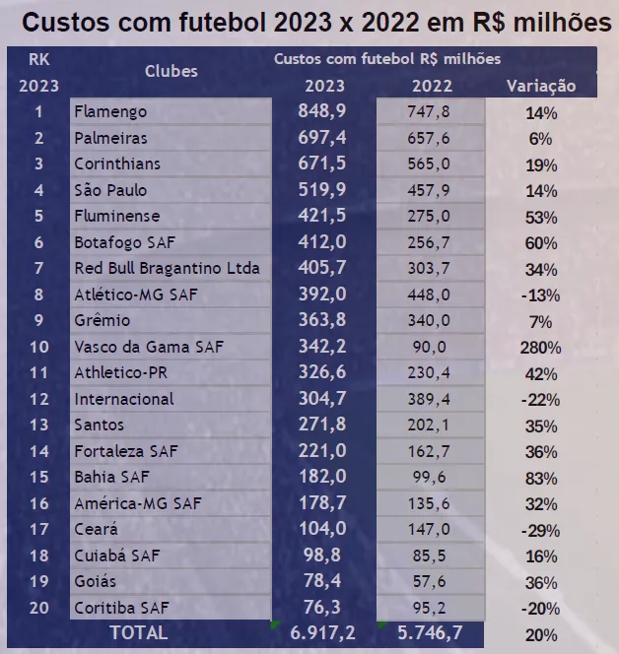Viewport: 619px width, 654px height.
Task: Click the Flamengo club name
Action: coord(110,111)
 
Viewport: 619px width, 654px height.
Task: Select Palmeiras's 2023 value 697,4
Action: coord(322,138)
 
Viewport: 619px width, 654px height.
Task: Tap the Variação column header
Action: coord(541,86)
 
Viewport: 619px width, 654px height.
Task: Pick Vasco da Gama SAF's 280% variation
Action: coord(541,347)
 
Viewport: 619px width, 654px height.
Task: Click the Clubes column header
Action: coord(172,71)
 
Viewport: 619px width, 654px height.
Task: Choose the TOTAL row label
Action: coord(138,632)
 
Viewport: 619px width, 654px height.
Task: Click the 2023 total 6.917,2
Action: coord(322,632)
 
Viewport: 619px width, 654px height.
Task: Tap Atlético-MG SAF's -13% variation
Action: coord(541,294)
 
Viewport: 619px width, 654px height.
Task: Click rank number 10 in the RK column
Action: coord(38,347)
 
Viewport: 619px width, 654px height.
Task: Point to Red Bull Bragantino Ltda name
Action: coord(167,268)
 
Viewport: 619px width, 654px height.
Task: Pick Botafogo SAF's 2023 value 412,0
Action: coord(322,242)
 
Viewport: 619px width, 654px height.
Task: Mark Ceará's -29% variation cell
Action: coord(541,530)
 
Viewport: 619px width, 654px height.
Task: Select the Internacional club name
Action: coord(123,399)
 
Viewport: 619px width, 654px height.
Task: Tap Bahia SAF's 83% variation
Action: coord(541,478)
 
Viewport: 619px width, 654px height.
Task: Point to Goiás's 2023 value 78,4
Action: coord(322,582)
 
